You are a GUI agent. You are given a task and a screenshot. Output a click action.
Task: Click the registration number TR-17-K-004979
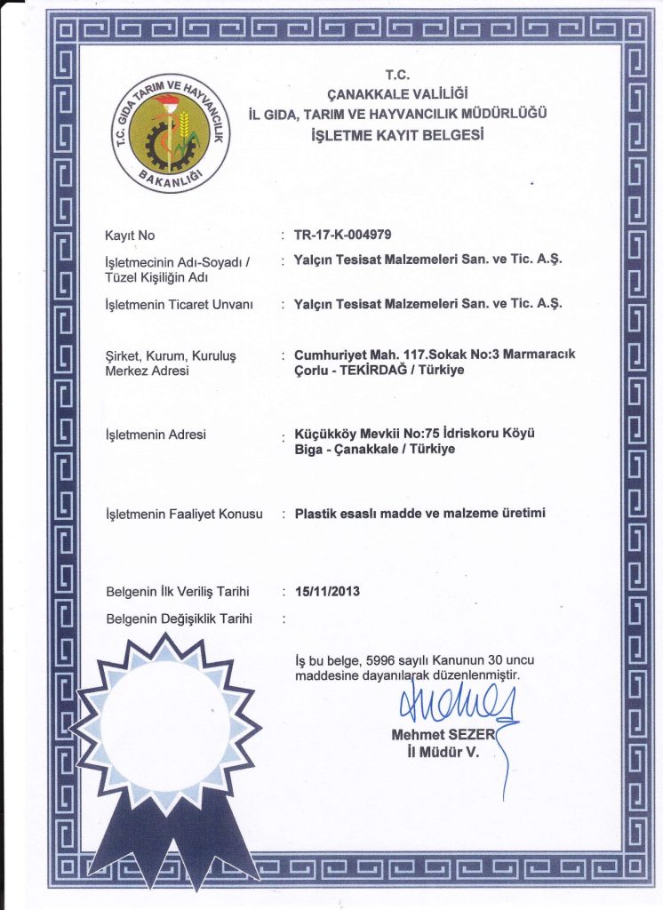pyautogui.click(x=342, y=235)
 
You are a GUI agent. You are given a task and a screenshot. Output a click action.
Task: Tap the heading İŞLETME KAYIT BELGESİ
pyautogui.click(x=397, y=135)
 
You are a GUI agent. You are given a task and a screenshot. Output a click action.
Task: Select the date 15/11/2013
pyautogui.click(x=326, y=591)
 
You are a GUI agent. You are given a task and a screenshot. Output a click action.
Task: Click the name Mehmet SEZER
pyautogui.click(x=442, y=735)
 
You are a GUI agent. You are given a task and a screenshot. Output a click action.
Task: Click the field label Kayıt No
pyautogui.click(x=130, y=235)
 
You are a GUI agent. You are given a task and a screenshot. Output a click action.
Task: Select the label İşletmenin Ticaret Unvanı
pyautogui.click(x=180, y=304)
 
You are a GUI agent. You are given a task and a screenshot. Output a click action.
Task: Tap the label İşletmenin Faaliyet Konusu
pyautogui.click(x=184, y=514)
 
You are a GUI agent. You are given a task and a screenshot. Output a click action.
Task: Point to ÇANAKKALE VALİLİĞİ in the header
pyautogui.click(x=397, y=93)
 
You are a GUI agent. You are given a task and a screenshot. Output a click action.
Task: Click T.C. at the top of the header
pyautogui.click(x=396, y=75)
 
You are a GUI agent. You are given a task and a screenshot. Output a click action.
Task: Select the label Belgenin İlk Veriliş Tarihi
pyautogui.click(x=176, y=591)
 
